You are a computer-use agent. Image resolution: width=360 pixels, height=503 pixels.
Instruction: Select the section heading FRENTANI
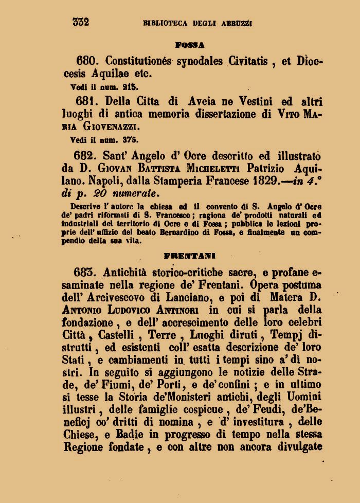190,255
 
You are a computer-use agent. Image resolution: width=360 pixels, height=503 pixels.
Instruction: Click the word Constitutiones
139,61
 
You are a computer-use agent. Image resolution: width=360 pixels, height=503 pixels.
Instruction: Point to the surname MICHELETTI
211,169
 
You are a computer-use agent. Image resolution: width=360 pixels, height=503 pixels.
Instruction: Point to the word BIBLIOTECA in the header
166,23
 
